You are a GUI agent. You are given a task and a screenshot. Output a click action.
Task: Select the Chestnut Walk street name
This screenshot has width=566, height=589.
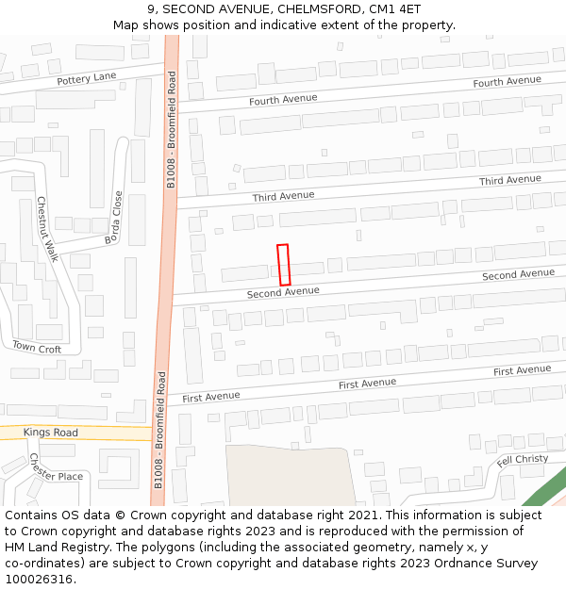point(47,229)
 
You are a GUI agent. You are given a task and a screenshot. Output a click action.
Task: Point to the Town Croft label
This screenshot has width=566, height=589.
point(37,348)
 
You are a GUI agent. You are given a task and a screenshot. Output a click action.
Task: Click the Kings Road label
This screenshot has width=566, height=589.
point(51,433)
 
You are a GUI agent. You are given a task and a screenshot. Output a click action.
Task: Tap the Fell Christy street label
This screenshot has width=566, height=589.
point(522,460)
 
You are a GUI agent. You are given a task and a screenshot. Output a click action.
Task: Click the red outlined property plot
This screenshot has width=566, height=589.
point(283,265)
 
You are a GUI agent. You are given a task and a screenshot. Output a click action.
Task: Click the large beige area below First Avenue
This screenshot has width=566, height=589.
point(288,475)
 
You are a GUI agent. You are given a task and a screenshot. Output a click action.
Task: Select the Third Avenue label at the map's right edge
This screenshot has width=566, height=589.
point(509,180)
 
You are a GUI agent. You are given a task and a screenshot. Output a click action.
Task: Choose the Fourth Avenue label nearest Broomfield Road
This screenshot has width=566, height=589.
point(283,99)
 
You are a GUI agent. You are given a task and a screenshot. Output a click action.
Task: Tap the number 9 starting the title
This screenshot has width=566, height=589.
point(151,8)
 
